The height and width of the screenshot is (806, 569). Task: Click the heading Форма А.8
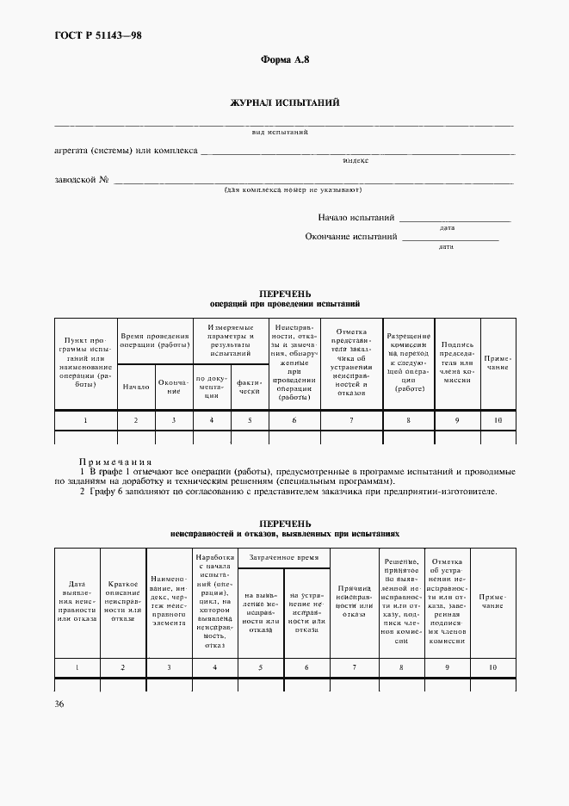(284, 59)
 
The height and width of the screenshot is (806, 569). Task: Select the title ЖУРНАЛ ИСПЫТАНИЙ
(284, 102)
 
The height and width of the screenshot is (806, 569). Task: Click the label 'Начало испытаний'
(356, 218)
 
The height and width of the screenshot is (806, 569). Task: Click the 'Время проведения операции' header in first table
(155, 341)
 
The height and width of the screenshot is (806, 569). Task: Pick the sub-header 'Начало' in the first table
(136, 387)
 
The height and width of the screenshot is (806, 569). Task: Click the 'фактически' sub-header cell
(250, 386)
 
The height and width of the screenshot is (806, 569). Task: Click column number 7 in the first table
(350, 420)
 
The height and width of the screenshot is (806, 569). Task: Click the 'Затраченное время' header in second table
(283, 558)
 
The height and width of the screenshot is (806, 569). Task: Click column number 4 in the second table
(213, 667)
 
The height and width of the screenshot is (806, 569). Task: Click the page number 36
(58, 704)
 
